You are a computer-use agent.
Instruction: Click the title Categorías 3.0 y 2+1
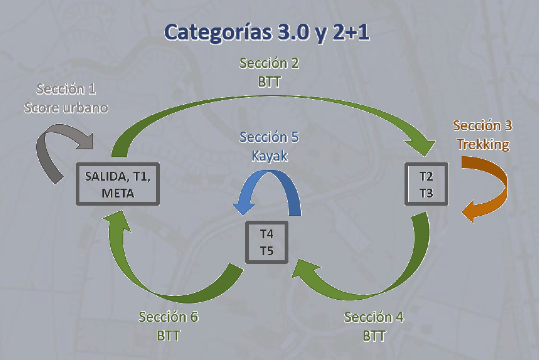click(x=267, y=32)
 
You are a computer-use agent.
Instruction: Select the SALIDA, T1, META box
click(x=118, y=184)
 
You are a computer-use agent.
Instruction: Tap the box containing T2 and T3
click(x=426, y=184)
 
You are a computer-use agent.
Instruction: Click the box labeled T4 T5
click(x=267, y=242)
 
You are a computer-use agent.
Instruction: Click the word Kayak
click(x=269, y=156)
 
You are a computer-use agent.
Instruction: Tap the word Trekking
click(x=483, y=144)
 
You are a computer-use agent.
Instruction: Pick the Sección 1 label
click(x=66, y=89)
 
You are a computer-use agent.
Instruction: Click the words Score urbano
click(x=66, y=108)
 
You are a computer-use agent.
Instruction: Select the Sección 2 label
click(x=269, y=63)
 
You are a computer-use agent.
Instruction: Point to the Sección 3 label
click(x=483, y=126)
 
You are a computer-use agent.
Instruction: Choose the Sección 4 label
click(x=374, y=317)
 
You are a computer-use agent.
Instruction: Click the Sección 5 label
click(x=269, y=137)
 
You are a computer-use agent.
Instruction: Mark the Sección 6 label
click(x=169, y=317)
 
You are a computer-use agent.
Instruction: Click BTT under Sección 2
click(x=269, y=82)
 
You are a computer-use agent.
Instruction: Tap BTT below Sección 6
click(x=169, y=336)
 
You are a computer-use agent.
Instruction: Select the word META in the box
click(x=118, y=193)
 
